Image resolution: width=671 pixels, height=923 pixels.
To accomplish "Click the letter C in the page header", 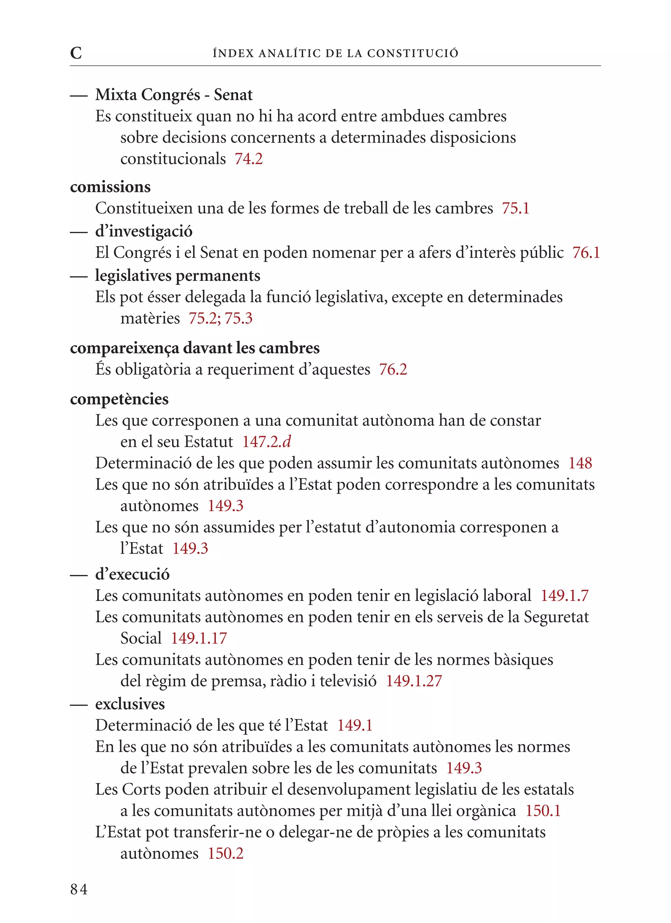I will point(76,53).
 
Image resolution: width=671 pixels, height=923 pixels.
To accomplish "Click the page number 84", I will point(79,890).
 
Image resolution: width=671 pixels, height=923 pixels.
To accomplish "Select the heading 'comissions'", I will point(110,187).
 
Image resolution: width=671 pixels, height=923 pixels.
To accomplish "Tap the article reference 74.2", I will point(249,159).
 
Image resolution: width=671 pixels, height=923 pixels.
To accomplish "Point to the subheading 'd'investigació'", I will point(144,231).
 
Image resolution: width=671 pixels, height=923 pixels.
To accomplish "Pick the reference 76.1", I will point(586,253).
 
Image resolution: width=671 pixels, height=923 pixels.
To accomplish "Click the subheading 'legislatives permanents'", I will point(177,276).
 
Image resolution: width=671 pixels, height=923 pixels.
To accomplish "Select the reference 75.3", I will point(239,318).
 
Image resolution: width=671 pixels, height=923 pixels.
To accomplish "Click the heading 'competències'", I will point(119,399).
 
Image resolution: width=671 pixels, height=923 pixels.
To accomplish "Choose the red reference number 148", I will point(580,463).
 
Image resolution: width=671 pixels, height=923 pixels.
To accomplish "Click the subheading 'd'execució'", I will point(132,574).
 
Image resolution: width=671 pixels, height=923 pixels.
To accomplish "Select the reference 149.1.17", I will point(199,638).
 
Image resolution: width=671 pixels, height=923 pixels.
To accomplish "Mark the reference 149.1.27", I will point(414,681).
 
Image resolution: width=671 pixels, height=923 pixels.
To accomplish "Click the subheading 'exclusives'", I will point(130,704).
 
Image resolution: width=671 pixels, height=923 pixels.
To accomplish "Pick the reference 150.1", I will point(543,811).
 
